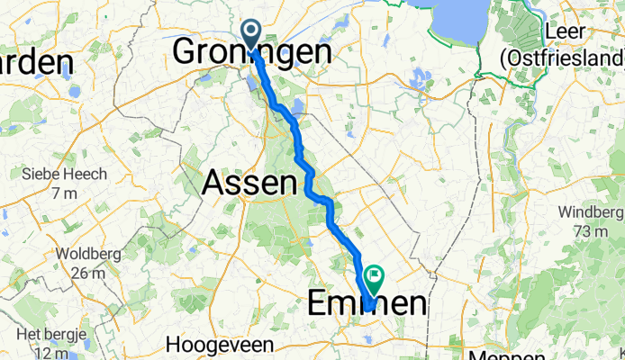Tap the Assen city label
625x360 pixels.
pyautogui.click(x=249, y=184)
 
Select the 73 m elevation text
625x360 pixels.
pyautogui.click(x=591, y=231)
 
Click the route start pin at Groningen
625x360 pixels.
pyautogui.click(x=250, y=35)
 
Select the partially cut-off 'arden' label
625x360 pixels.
pyautogui.click(x=36, y=62)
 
